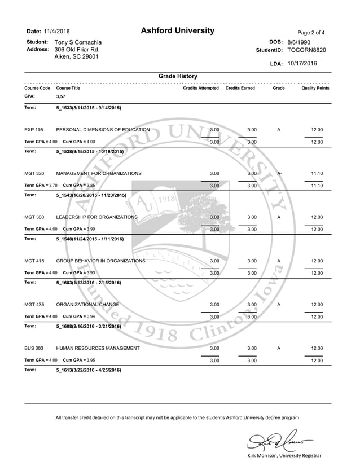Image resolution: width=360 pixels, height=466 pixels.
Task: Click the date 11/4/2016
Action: (x=56, y=32)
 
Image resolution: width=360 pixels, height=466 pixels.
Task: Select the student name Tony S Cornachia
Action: (x=78, y=42)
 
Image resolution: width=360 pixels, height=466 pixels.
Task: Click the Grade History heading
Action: (x=178, y=76)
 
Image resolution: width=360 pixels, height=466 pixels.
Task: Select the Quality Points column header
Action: (x=315, y=89)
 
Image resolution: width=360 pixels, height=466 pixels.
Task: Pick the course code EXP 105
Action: (x=34, y=130)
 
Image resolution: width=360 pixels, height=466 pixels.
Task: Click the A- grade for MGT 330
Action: (x=279, y=173)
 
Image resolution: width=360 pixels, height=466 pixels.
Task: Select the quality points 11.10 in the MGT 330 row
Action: (x=317, y=173)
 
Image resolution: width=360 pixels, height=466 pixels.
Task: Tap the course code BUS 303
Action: (x=34, y=348)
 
